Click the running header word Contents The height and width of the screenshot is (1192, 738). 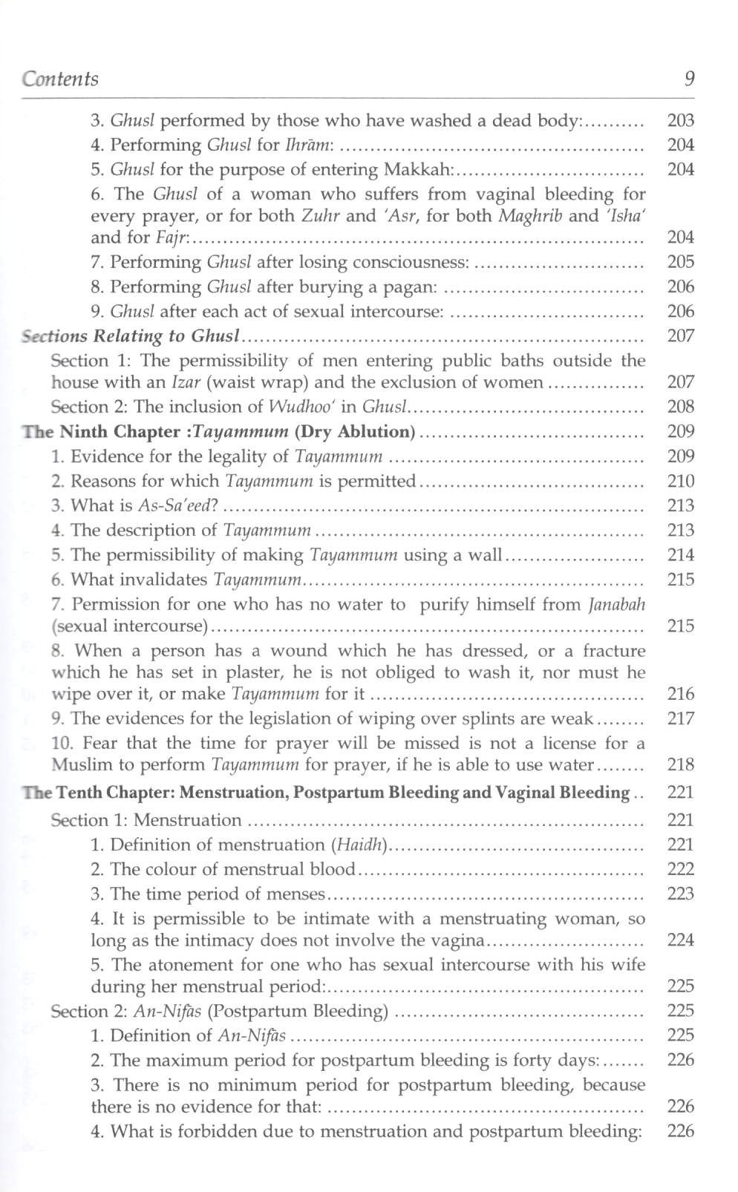[60, 79]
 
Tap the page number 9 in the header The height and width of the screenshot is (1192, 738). [690, 79]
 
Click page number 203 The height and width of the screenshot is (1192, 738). [680, 120]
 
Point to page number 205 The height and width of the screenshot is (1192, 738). [680, 262]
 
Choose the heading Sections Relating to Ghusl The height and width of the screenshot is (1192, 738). [131, 335]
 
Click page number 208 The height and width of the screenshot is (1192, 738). [680, 407]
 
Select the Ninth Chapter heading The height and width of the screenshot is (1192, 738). [218, 431]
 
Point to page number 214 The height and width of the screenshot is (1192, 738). [680, 555]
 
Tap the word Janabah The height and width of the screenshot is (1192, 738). [616, 604]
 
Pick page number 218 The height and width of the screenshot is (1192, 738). [680, 764]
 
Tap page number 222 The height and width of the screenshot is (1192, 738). [680, 869]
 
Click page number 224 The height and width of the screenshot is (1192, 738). [680, 940]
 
